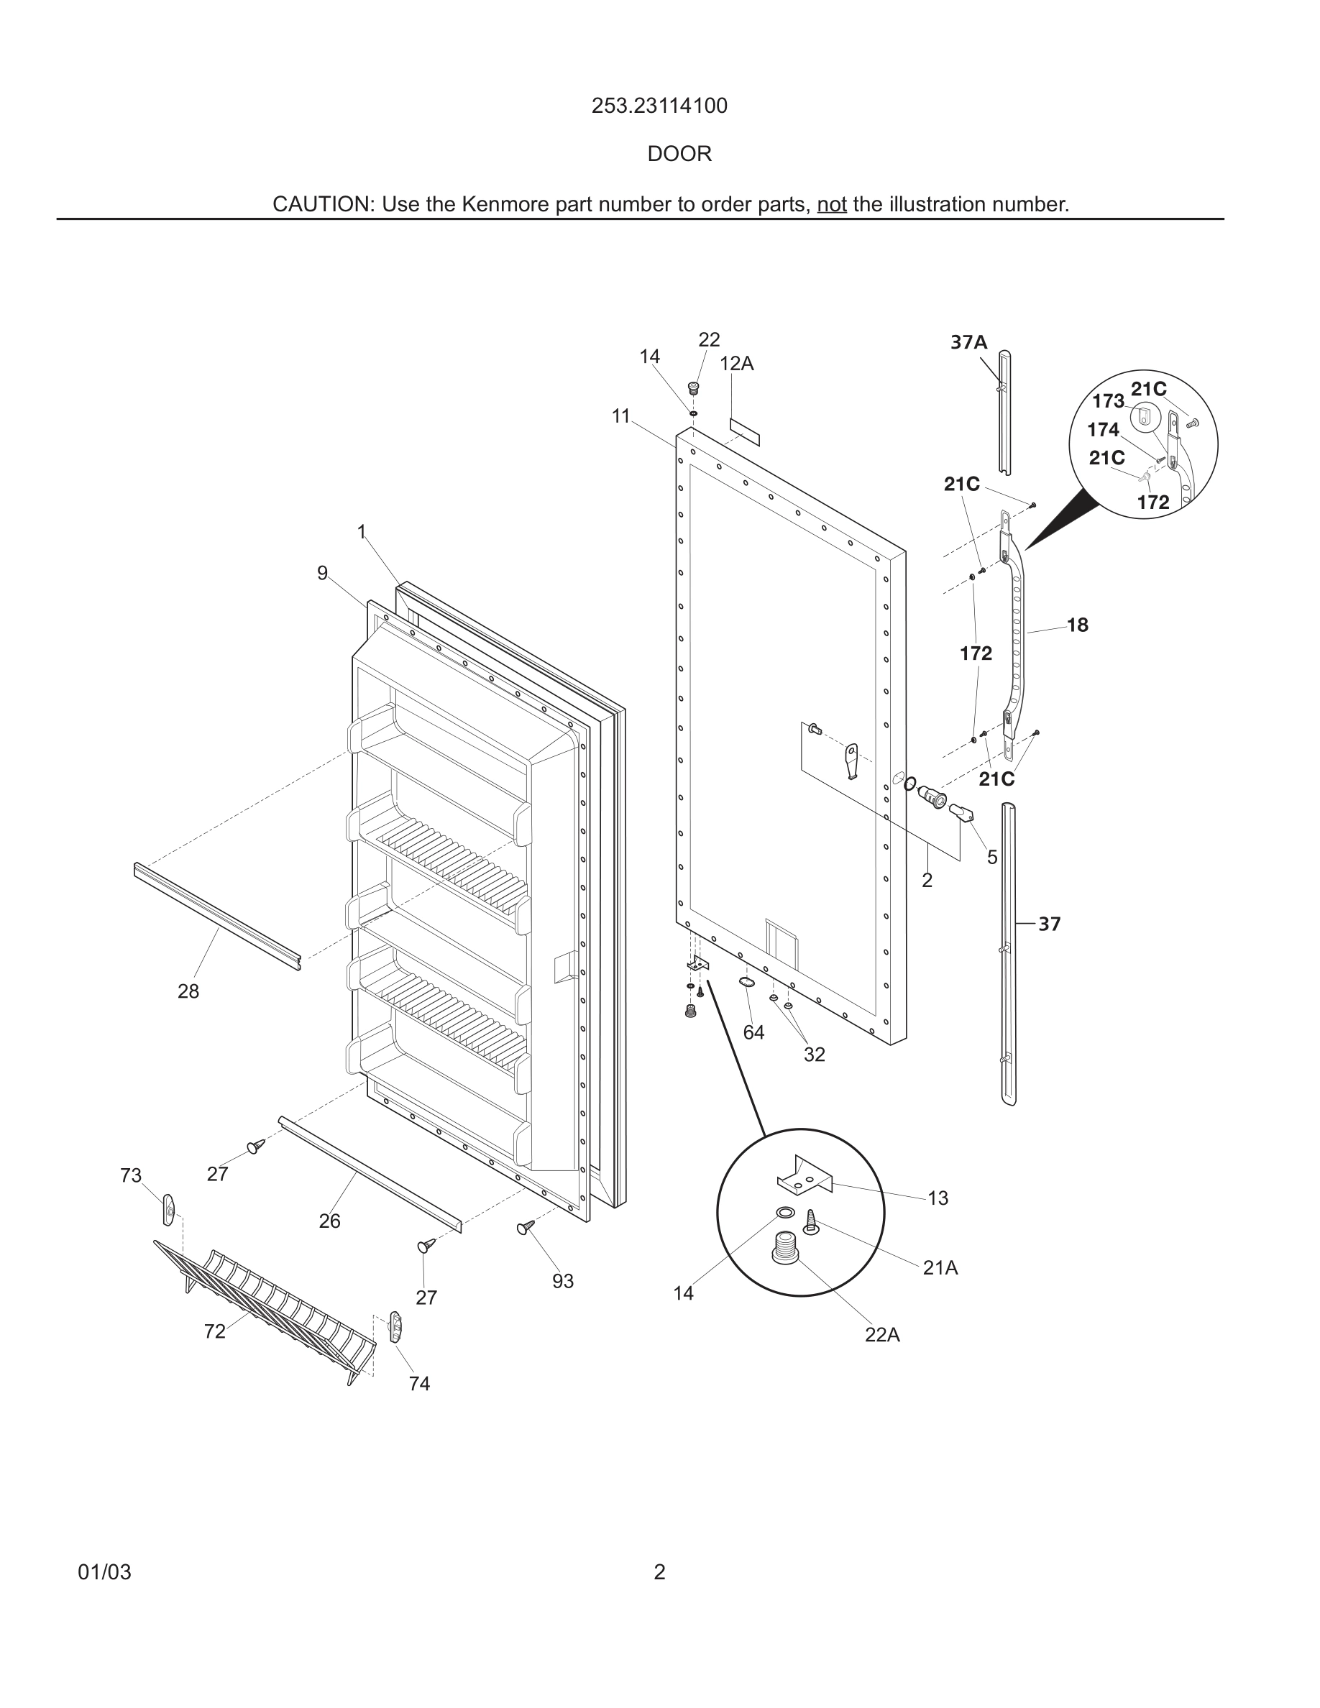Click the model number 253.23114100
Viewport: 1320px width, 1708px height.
point(659,106)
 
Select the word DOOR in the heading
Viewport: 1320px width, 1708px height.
point(679,154)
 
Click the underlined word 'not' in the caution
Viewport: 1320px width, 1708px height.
point(831,204)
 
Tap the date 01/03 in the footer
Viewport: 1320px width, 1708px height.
point(105,1572)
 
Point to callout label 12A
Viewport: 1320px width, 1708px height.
point(737,364)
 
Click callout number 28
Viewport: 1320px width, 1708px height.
point(188,991)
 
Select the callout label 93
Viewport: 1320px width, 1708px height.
point(563,1281)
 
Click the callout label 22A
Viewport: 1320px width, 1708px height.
point(882,1335)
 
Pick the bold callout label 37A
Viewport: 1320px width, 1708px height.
point(969,341)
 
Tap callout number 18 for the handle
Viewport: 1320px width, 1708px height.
point(1078,625)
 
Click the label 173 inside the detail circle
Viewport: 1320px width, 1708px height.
point(1108,401)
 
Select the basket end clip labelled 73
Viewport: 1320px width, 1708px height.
point(168,1210)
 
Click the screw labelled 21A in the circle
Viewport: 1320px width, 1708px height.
point(810,1221)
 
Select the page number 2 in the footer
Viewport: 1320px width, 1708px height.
point(659,1572)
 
